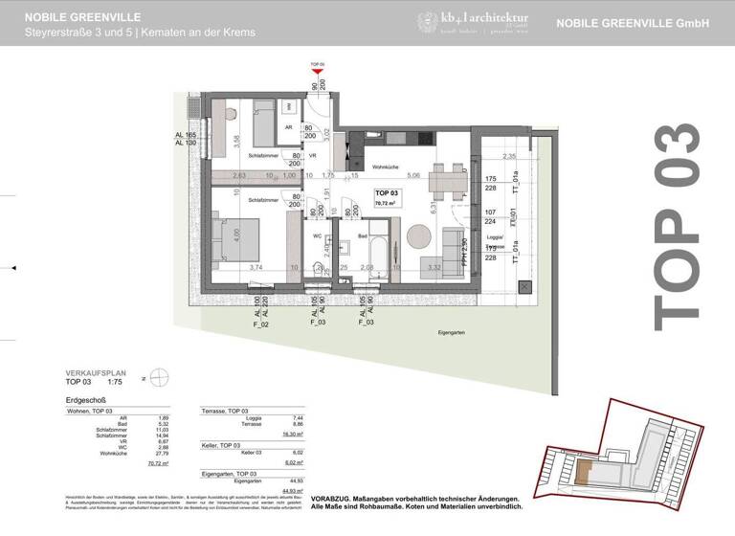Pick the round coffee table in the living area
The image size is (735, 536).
[x=420, y=235]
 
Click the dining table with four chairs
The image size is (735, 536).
[x=445, y=178]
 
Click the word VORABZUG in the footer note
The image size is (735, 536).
[x=415, y=499]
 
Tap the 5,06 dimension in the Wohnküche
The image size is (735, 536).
[x=412, y=176]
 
